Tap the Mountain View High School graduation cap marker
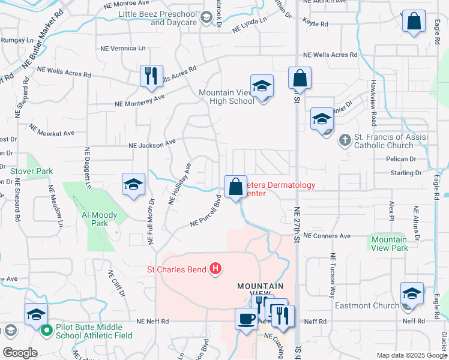(x=262, y=86)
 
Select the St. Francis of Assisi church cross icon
(x=345, y=140)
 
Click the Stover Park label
(x=32, y=171)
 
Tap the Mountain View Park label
(x=389, y=244)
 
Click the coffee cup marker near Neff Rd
(x=246, y=319)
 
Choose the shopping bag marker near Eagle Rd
(x=414, y=22)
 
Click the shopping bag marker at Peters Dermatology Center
(x=235, y=187)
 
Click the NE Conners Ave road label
(x=328, y=236)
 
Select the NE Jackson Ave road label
(x=152, y=144)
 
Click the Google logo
(x=19, y=353)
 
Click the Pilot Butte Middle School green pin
(x=46, y=329)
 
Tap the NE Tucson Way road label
(x=331, y=275)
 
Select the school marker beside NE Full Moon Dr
(x=133, y=184)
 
